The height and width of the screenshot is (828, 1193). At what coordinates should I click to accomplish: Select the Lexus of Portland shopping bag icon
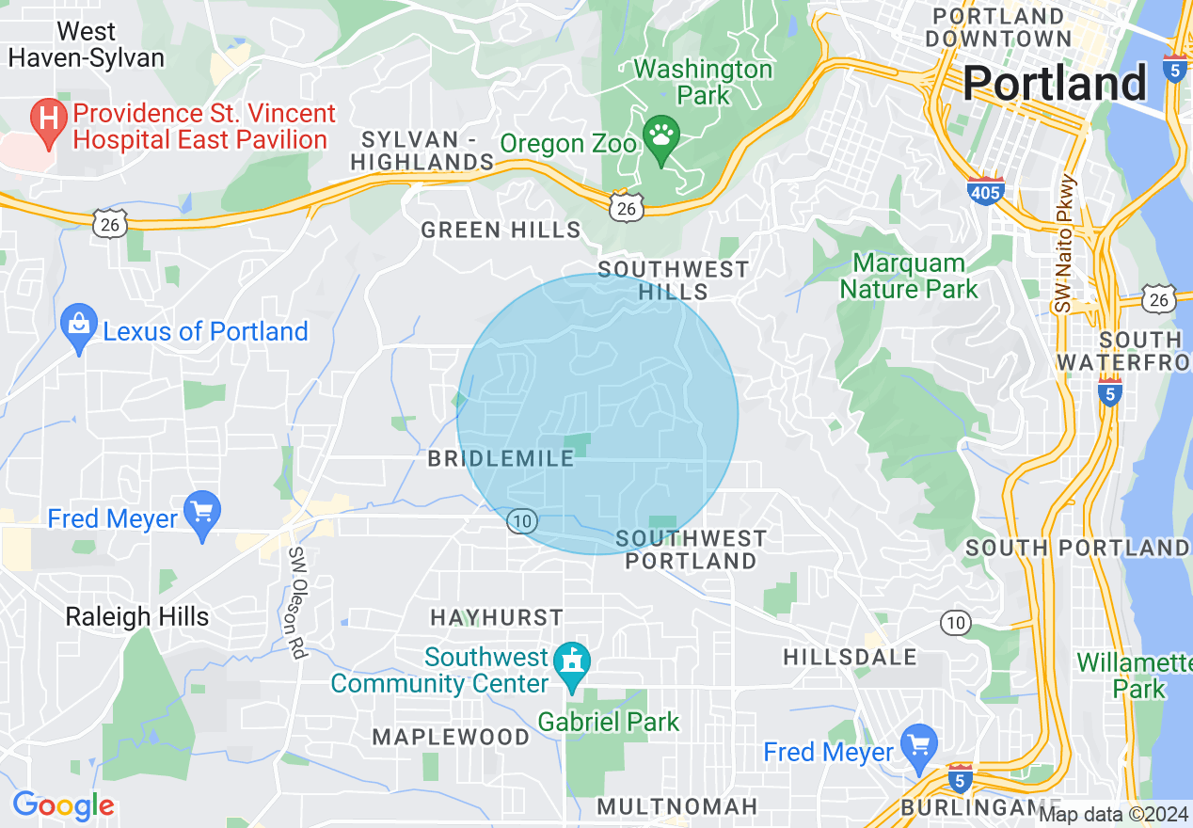(x=79, y=326)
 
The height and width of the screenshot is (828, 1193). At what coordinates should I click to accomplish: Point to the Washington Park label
(x=703, y=83)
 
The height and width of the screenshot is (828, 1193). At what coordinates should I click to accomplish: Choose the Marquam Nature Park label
(x=909, y=276)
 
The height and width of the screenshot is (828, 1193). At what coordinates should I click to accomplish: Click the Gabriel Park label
(x=609, y=723)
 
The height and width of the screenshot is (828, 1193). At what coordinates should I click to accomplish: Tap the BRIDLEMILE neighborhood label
(x=501, y=459)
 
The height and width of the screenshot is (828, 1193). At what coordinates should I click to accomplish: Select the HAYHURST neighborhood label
(x=497, y=618)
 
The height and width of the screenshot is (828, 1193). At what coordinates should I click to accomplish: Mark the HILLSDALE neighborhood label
(x=850, y=657)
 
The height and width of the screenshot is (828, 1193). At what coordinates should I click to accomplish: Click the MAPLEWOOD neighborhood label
(x=452, y=737)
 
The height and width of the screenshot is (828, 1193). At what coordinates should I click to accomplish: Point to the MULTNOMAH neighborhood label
(x=677, y=806)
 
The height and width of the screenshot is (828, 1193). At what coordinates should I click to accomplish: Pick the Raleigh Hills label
(x=137, y=617)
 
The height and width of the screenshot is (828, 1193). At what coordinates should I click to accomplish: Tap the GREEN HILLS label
(x=501, y=230)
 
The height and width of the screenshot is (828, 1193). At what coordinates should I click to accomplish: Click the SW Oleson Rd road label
(x=298, y=602)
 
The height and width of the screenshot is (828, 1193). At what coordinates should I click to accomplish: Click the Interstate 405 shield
(x=985, y=191)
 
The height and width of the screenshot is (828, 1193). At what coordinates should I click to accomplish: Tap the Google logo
(x=64, y=804)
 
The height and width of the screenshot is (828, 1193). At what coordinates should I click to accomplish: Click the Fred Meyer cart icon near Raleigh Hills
(x=202, y=514)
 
